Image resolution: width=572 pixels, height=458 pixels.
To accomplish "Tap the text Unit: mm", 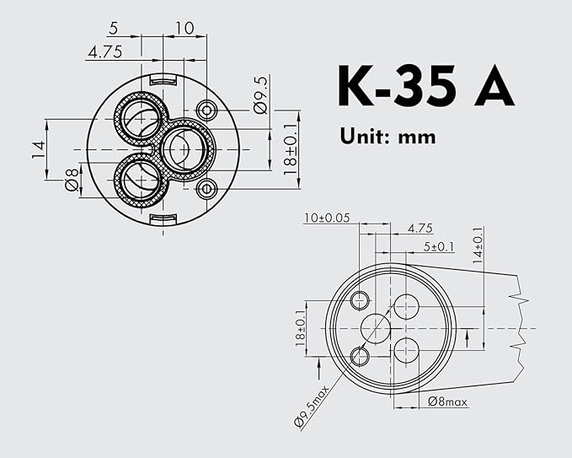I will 388,135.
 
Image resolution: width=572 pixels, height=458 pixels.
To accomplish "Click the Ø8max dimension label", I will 447,401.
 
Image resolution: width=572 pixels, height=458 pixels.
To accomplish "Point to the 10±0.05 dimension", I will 327,218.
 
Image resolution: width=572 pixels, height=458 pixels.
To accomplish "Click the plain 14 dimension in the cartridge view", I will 38,149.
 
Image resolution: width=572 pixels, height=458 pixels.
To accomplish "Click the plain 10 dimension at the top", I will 184,29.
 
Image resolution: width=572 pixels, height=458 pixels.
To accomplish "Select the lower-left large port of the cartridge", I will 136,179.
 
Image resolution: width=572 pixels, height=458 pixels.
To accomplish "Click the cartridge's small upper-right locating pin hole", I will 206,110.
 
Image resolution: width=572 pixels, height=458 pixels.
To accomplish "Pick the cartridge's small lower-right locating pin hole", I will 206,188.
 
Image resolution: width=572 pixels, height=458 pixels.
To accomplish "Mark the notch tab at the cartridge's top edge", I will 163,80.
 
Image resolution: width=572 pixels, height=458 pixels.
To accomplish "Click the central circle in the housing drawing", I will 376,327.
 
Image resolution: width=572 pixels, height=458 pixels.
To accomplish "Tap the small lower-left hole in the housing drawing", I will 360,355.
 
